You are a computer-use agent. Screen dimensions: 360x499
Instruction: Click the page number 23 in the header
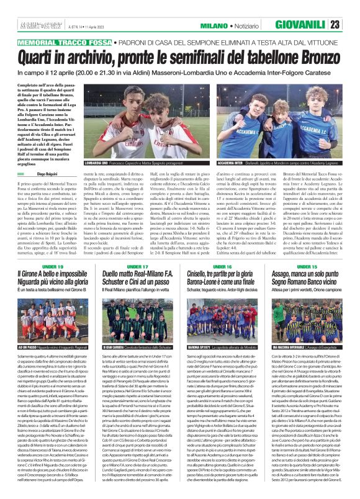click(351, 25)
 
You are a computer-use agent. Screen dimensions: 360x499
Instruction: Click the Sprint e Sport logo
click(29, 25)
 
